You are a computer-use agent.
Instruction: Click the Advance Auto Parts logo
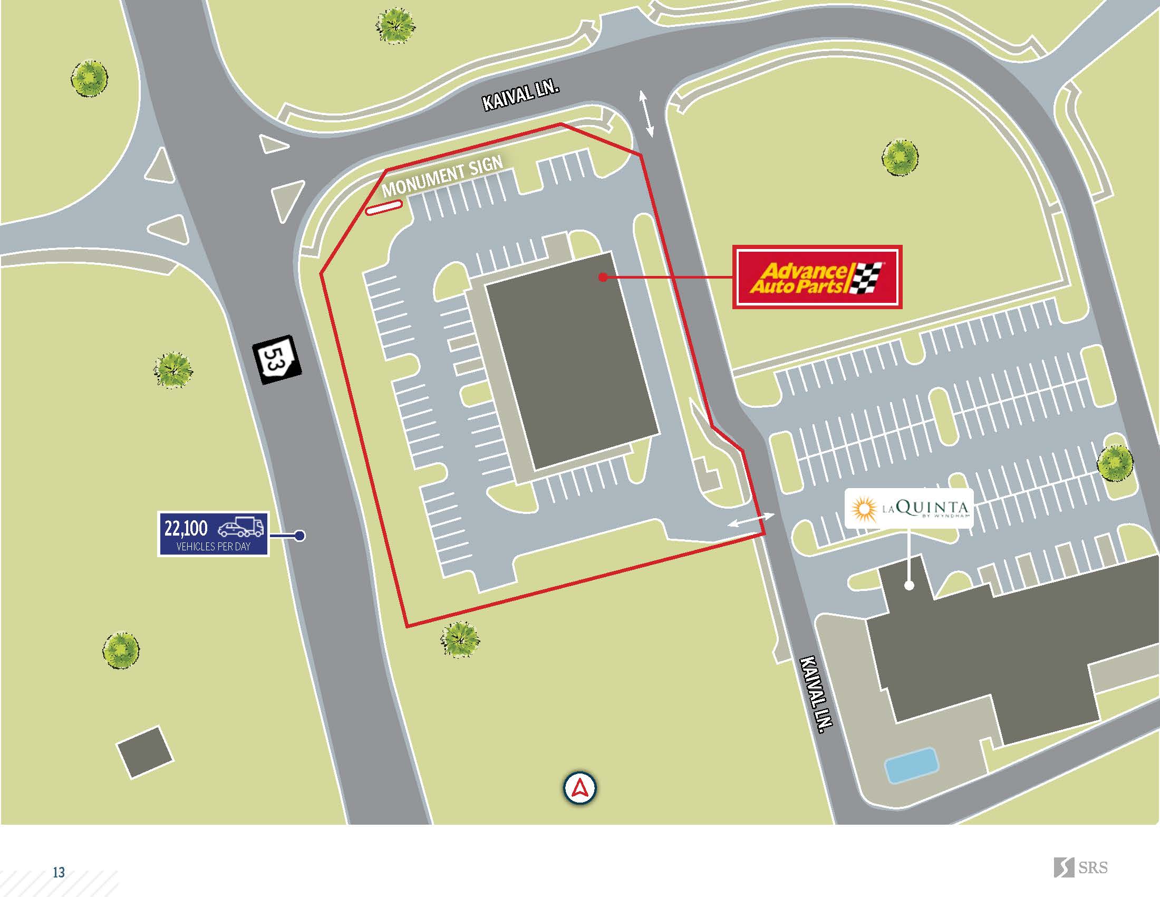817,277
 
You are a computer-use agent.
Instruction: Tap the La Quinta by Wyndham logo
909,509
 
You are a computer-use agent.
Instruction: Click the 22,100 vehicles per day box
213,534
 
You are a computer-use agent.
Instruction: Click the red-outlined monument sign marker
383,208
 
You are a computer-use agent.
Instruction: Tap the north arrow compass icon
579,788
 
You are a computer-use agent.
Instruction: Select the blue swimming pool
911,765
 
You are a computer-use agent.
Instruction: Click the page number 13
59,872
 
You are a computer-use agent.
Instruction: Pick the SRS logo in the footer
1080,867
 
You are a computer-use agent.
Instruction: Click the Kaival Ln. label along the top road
520,96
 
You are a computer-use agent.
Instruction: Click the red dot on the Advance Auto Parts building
603,277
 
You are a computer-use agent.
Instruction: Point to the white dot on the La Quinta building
909,586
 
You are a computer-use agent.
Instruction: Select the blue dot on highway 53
299,536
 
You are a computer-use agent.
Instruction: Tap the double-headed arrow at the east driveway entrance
750,519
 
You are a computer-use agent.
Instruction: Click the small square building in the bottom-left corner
145,751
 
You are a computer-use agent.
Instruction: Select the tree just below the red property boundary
459,640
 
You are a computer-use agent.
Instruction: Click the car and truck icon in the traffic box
240,527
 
